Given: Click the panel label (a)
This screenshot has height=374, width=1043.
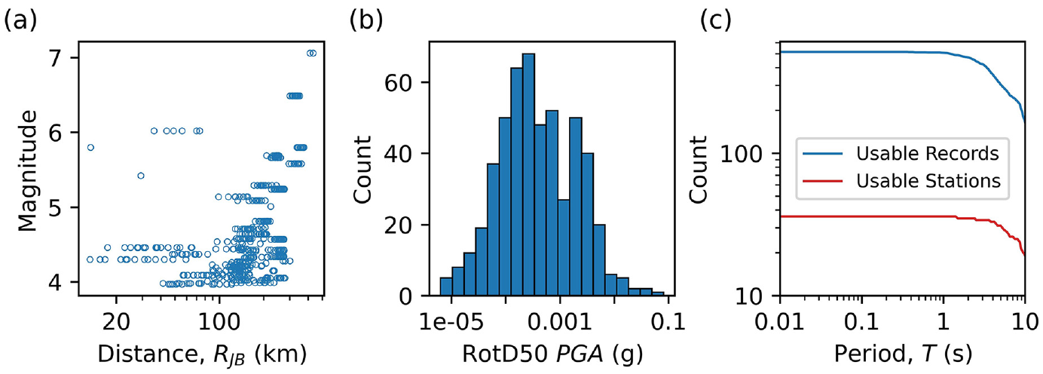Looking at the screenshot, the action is pos(20,21).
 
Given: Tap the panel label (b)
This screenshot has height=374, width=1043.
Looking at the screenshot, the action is pos(366,21).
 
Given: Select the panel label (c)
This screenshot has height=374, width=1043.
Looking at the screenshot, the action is pos(716,21).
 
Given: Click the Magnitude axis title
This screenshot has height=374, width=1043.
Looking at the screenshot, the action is pos(27,170).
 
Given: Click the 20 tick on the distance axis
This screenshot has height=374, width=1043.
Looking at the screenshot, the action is pos(116,321).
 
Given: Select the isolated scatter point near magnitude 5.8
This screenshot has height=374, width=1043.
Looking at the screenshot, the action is pos(90,148).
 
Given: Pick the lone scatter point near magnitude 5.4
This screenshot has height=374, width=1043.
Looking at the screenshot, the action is pos(141,176).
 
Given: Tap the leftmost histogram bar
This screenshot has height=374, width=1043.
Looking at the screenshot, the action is pos(446,287).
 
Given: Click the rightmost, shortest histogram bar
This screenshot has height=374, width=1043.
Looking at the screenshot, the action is pos(658,294).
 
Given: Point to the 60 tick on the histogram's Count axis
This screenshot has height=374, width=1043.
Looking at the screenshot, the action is pos(398,82).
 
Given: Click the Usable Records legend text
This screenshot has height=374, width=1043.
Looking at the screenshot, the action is pos(928,153).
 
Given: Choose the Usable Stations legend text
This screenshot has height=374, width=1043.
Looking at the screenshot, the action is pos(928,181).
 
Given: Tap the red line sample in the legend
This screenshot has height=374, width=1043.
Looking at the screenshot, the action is pos(823,181).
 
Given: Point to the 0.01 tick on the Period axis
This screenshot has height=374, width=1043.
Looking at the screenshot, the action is pos(780,321).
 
